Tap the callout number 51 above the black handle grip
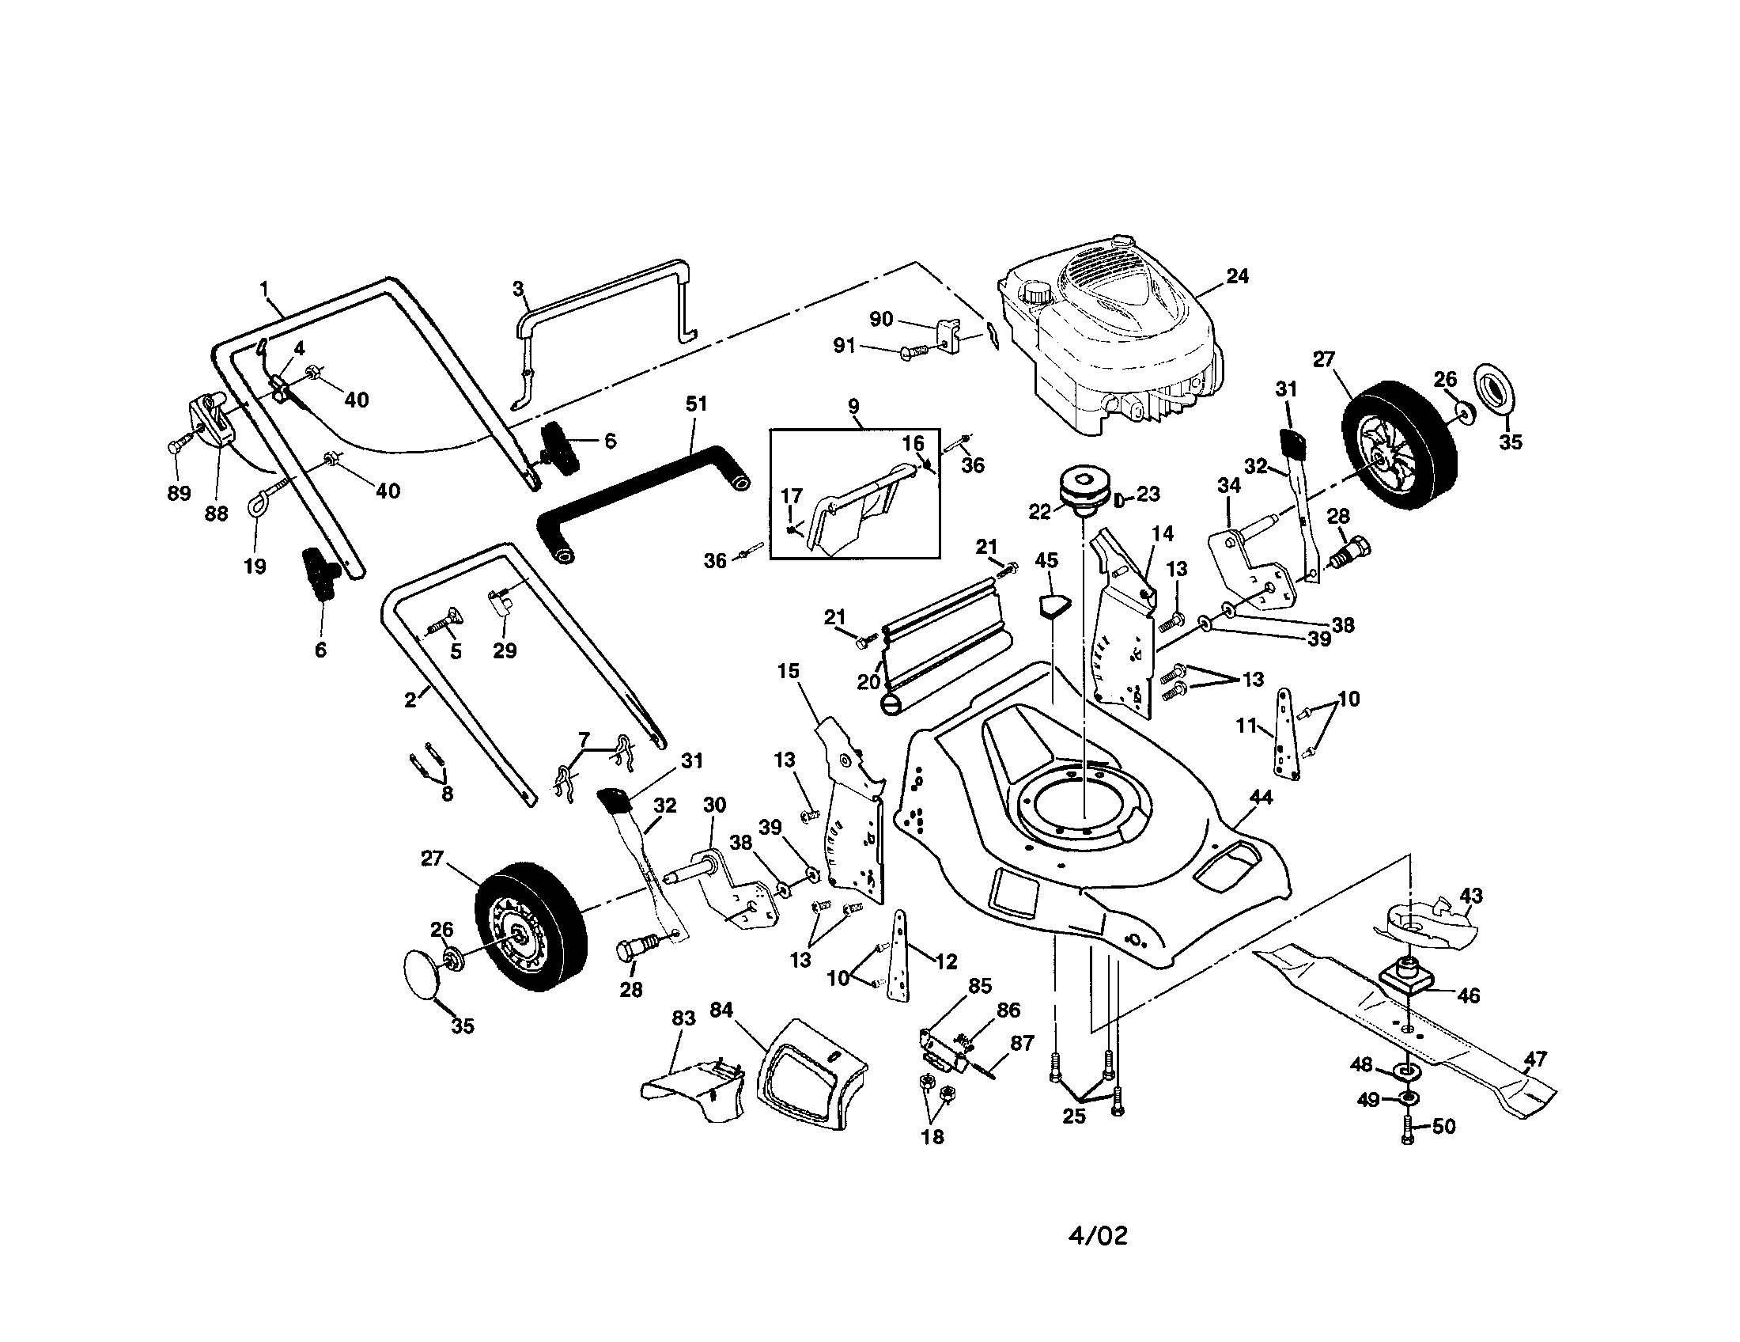(x=696, y=404)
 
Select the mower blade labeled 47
(x=1402, y=1028)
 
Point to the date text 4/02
(x=1097, y=1236)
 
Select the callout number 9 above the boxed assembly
(x=853, y=407)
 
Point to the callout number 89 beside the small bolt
(x=179, y=493)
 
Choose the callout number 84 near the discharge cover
(x=721, y=1010)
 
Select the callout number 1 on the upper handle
(x=264, y=289)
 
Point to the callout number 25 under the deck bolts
(x=1073, y=1116)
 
